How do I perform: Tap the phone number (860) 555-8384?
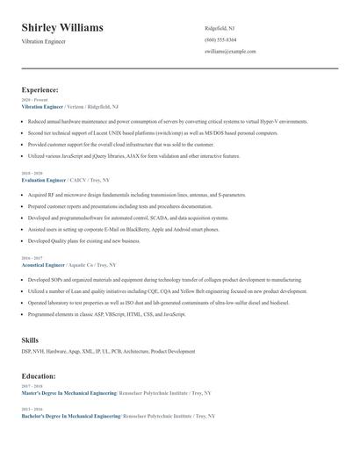click(x=220, y=39)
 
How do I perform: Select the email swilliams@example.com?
click(x=230, y=51)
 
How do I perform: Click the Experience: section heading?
click(x=40, y=89)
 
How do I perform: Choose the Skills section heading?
click(x=30, y=339)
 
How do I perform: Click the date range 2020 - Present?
click(x=31, y=100)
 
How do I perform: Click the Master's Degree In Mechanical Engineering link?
click(x=70, y=392)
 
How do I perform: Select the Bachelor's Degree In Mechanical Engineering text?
click(x=71, y=415)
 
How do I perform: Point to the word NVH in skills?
click(x=38, y=351)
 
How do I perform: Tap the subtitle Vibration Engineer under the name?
click(x=43, y=41)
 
